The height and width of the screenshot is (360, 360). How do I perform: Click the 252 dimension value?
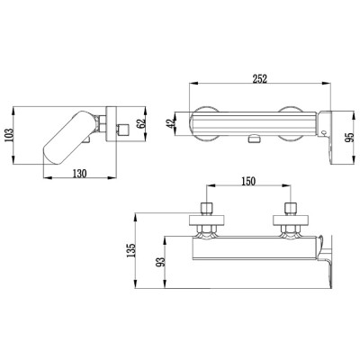coord(259,79)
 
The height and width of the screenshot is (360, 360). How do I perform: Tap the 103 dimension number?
coord(9,135)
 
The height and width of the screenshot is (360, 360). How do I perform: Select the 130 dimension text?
coord(80,174)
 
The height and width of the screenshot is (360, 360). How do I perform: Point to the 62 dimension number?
coord(141,123)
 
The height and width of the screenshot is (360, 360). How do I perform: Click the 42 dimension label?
coord(170,124)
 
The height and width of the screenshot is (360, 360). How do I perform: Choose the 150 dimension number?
coord(247,181)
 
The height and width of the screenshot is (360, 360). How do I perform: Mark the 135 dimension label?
coord(131,250)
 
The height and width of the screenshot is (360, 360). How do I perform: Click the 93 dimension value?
coord(161,262)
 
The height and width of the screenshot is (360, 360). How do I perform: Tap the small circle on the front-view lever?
coord(324,132)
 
